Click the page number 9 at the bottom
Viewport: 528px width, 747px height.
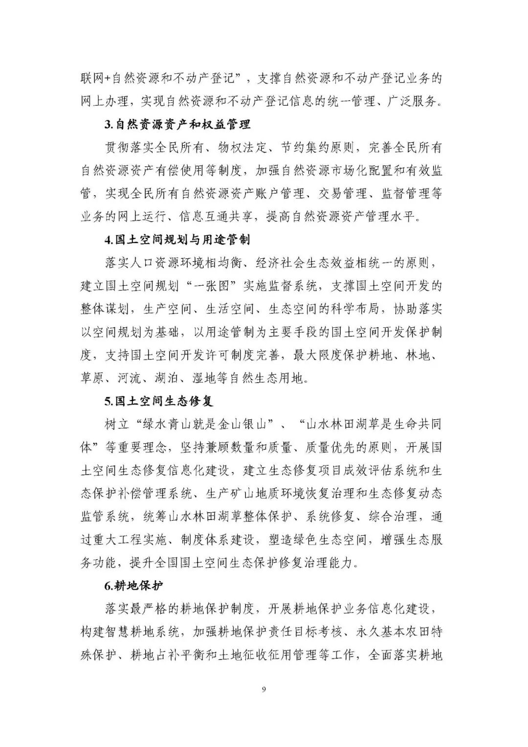(x=264, y=690)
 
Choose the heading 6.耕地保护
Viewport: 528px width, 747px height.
(x=133, y=586)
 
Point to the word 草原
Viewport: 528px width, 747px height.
(x=92, y=378)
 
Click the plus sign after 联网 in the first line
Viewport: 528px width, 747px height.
(x=108, y=79)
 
